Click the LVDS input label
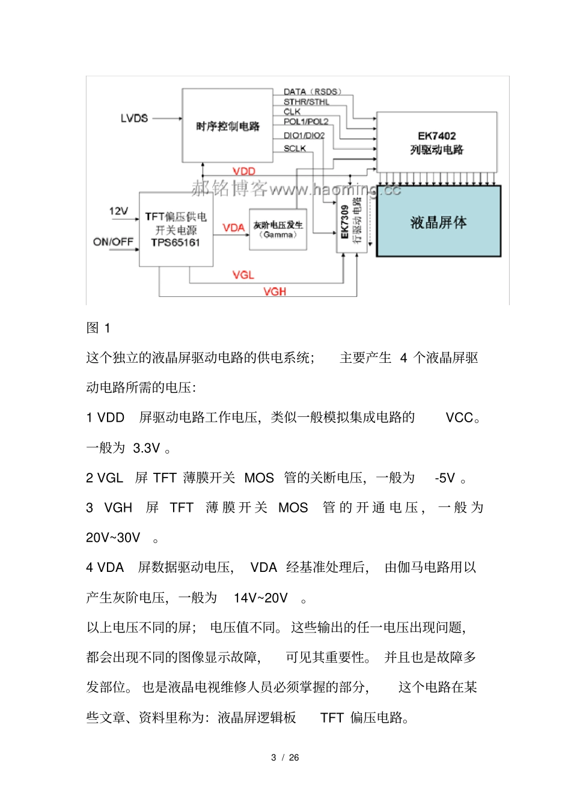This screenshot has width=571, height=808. pyautogui.click(x=134, y=118)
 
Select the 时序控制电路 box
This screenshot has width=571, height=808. pyautogui.click(x=227, y=126)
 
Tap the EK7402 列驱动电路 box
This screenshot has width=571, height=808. pyautogui.click(x=436, y=142)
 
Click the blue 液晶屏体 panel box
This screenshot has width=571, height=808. pyautogui.click(x=438, y=222)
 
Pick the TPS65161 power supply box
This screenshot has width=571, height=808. pyautogui.click(x=176, y=229)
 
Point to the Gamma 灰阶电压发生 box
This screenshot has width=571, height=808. pyautogui.click(x=278, y=229)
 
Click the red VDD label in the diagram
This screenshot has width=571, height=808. pyautogui.click(x=244, y=171)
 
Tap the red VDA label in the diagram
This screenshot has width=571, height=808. pyautogui.click(x=233, y=228)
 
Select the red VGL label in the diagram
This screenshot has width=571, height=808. pyautogui.click(x=243, y=275)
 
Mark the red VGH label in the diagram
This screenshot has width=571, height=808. pyautogui.click(x=274, y=291)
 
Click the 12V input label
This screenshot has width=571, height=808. pyautogui.click(x=118, y=211)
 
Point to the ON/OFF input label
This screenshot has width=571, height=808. pyautogui.click(x=113, y=241)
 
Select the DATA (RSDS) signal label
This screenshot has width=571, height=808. pyautogui.click(x=312, y=92)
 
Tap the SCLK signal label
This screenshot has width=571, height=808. pyautogui.click(x=295, y=148)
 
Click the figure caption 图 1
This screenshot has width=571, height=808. pyautogui.click(x=98, y=328)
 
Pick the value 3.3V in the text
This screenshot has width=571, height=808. pyautogui.click(x=147, y=448)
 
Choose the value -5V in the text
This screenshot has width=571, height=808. pyautogui.click(x=445, y=478)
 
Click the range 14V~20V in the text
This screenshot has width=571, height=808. pyautogui.click(x=260, y=598)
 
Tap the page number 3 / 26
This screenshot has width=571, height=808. pyautogui.click(x=285, y=758)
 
